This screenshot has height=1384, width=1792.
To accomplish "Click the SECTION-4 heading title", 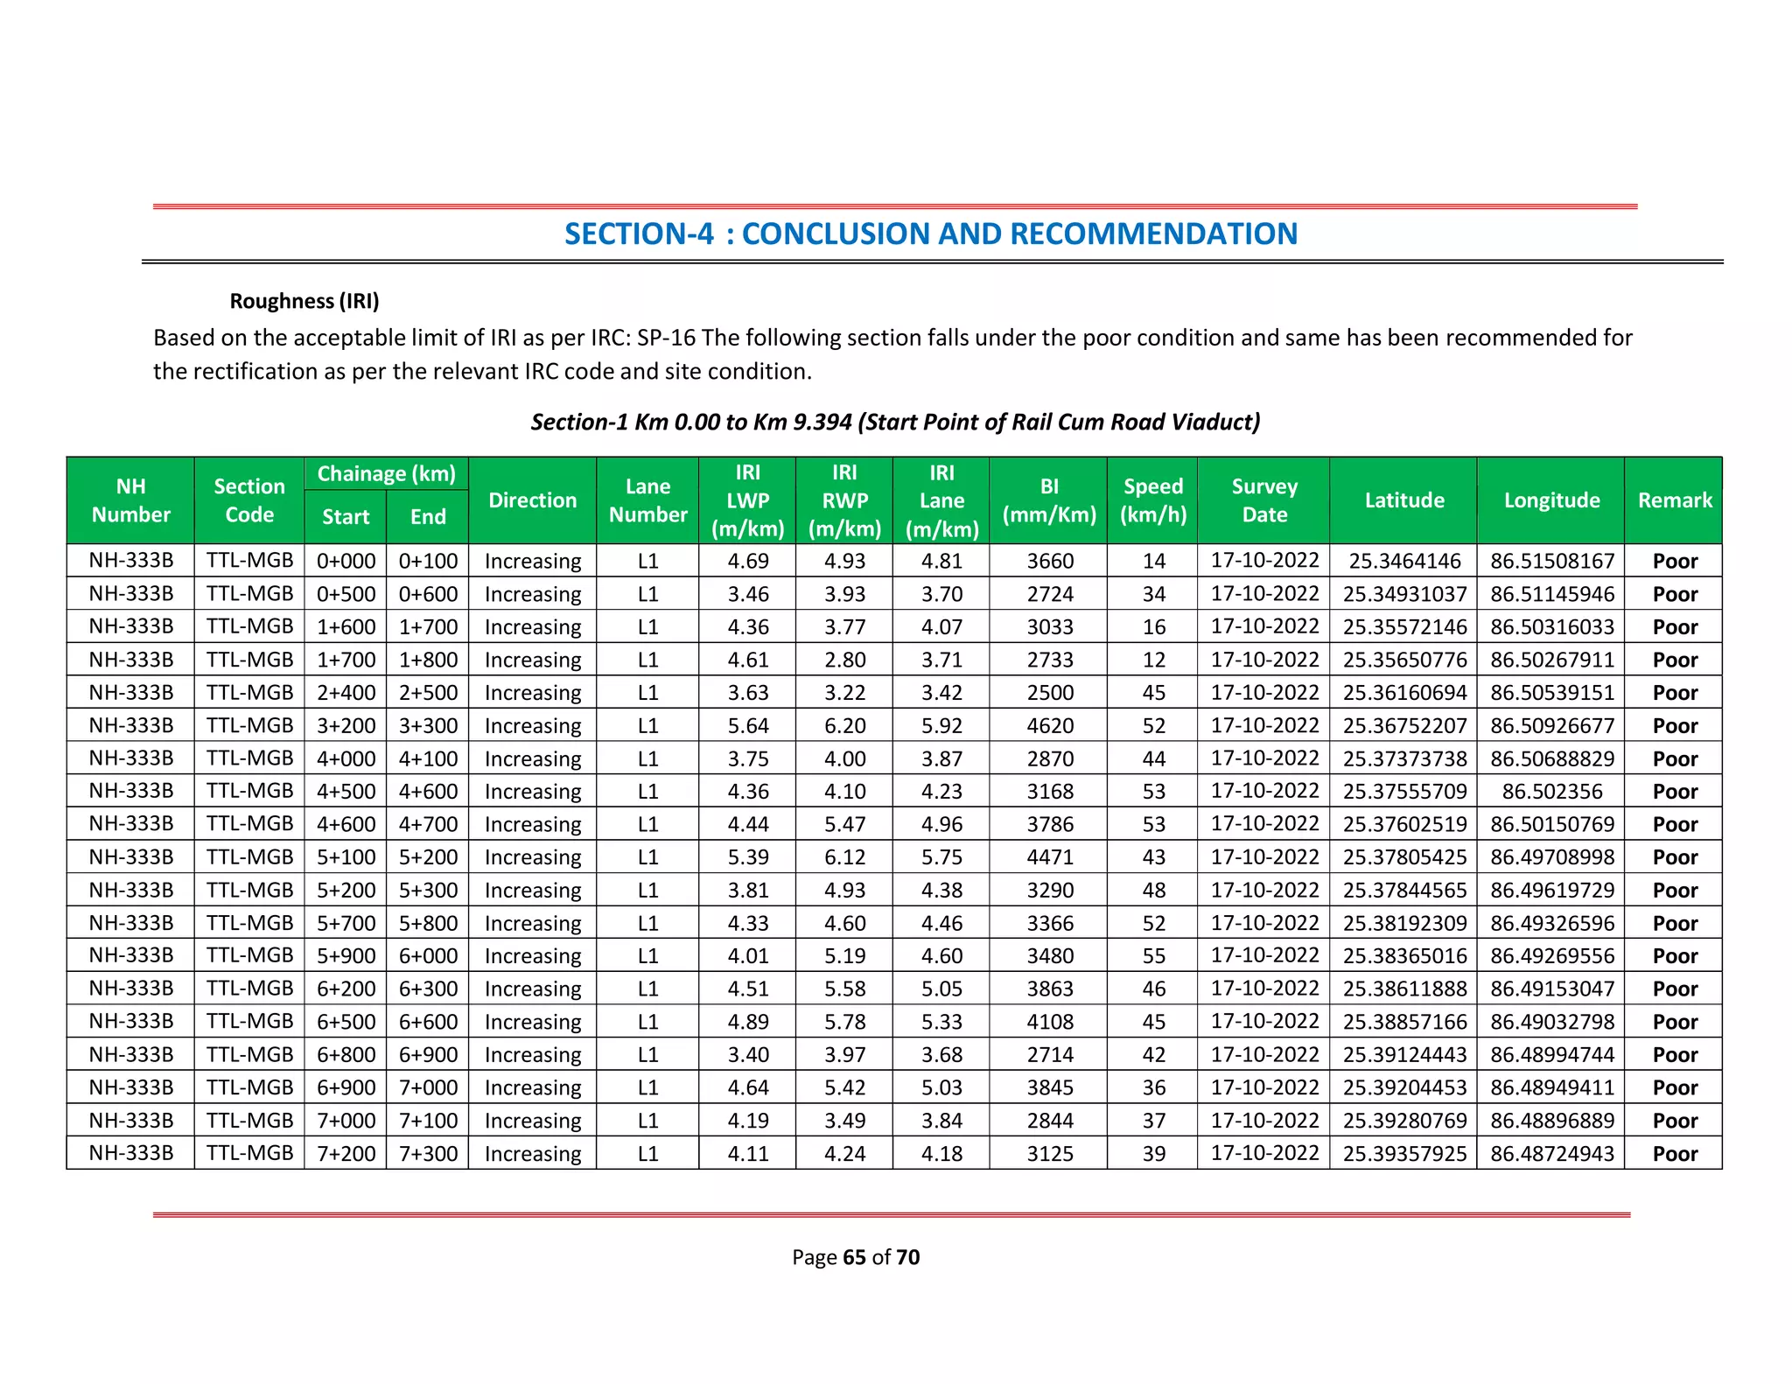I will click(930, 234).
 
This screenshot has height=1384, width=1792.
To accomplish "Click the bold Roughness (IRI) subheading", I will click(304, 301).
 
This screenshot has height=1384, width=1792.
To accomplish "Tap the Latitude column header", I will click(1403, 500).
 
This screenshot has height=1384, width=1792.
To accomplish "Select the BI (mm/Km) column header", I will click(1048, 500).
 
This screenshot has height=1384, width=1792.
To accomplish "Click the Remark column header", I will click(1674, 500).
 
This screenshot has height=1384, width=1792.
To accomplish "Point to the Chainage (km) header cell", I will click(386, 474).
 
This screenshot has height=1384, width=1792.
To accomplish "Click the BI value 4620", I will click(1049, 726).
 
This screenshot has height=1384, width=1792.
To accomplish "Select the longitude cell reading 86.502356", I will click(1551, 792).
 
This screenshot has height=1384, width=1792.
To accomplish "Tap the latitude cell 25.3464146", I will click(1403, 562).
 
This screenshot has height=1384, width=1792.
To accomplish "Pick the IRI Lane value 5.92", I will click(941, 726).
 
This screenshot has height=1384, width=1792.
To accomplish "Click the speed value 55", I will click(1153, 956).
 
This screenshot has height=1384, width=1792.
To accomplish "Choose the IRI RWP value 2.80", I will click(844, 661).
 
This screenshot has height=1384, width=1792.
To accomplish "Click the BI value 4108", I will click(1049, 1022).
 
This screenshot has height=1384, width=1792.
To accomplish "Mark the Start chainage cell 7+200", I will click(346, 1154).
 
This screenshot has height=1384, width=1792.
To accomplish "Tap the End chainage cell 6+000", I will click(428, 956).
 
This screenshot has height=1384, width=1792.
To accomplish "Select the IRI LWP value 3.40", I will click(747, 1055).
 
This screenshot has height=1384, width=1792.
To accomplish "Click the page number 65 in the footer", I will click(854, 1257).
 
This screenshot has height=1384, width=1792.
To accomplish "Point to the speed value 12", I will click(1153, 661).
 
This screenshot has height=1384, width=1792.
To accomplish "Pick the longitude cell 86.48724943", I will click(1551, 1154).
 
